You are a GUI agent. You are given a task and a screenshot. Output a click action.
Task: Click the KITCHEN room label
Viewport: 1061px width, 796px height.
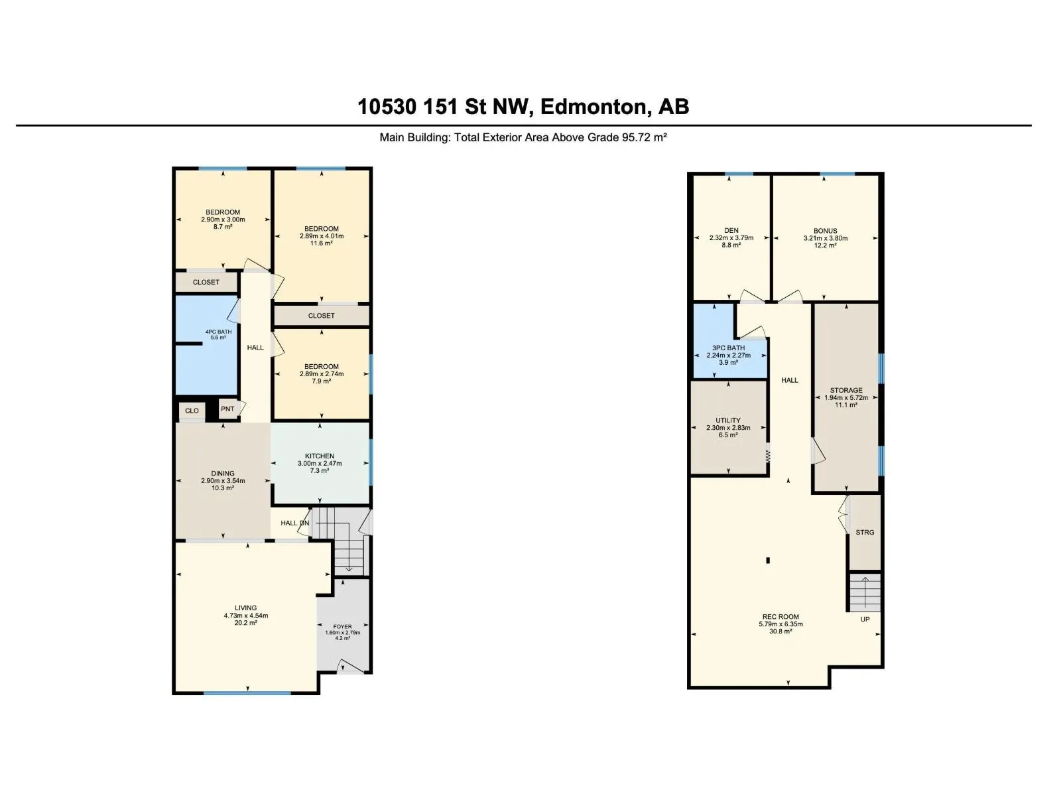pyautogui.click(x=320, y=456)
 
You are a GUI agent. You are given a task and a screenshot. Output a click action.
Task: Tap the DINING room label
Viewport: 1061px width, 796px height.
pyautogui.click(x=223, y=473)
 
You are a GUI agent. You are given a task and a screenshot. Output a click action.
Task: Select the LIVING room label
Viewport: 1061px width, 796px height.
pyautogui.click(x=245, y=608)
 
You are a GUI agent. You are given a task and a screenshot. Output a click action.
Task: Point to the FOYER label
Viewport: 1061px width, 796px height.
pyautogui.click(x=342, y=626)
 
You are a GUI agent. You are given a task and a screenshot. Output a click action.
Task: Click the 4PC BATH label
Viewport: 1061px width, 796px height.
pyautogui.click(x=218, y=332)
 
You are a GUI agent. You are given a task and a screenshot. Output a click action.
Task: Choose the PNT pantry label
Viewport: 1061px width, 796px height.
pyautogui.click(x=227, y=409)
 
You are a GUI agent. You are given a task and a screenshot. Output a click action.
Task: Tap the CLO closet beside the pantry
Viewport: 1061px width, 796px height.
pyautogui.click(x=192, y=411)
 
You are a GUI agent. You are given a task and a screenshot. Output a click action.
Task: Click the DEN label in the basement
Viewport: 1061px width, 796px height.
pyautogui.click(x=731, y=231)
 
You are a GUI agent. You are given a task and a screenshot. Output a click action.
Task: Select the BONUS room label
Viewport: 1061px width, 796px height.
pyautogui.click(x=825, y=231)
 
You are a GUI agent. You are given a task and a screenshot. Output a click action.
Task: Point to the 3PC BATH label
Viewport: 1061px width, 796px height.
pyautogui.click(x=728, y=348)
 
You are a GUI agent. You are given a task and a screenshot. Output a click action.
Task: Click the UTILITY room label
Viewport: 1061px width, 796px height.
pyautogui.click(x=728, y=420)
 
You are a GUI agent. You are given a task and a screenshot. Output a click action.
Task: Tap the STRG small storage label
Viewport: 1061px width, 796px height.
pyautogui.click(x=865, y=532)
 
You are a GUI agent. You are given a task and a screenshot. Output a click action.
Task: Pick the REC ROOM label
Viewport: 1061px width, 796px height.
pyautogui.click(x=780, y=616)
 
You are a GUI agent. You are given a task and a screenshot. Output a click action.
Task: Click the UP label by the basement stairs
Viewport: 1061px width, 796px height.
pyautogui.click(x=865, y=619)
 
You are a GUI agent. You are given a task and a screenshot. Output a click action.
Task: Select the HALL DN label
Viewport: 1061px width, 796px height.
pyautogui.click(x=295, y=523)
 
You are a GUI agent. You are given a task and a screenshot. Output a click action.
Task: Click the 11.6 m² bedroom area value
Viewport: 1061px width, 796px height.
pyautogui.click(x=322, y=243)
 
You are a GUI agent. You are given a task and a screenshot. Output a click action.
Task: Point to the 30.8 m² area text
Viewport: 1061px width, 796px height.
pyautogui.click(x=780, y=631)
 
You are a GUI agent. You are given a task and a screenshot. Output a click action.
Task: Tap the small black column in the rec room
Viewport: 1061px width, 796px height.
pyautogui.click(x=768, y=561)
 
